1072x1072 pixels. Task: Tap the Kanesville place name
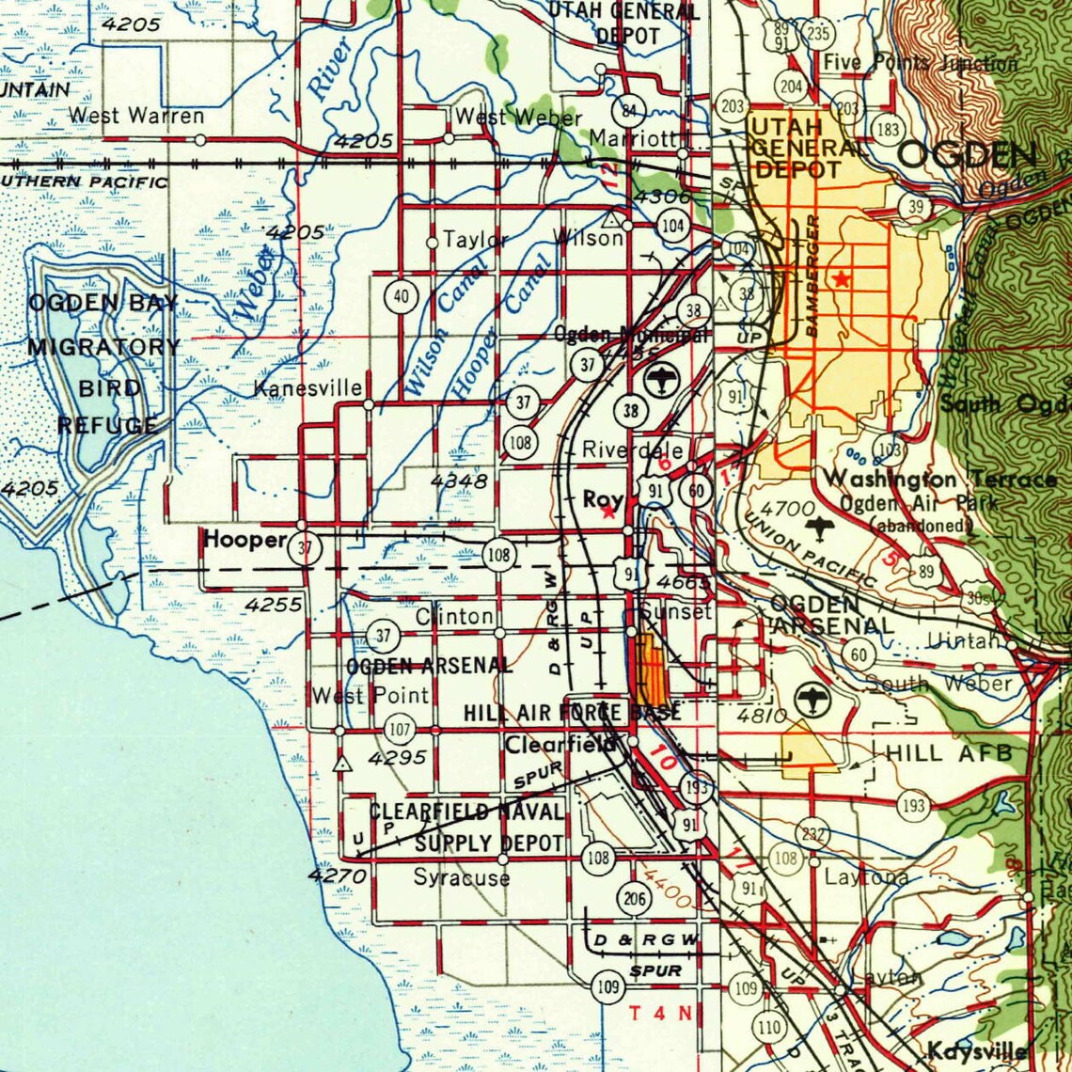pos(308,388)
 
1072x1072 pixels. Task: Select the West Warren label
pos(136,117)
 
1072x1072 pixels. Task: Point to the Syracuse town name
pos(462,877)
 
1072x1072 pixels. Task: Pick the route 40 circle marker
pos(402,297)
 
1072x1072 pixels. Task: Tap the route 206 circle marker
pos(635,899)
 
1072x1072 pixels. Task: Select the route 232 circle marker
pos(812,834)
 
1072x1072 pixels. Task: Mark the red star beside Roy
pos(608,512)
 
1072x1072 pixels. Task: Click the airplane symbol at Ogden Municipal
pos(663,382)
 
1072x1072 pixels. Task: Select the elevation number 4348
pos(459,481)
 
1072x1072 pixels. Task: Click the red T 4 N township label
pos(660,1013)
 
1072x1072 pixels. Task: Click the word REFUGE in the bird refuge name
pos(106,425)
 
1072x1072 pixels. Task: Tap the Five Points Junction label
pos(920,64)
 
